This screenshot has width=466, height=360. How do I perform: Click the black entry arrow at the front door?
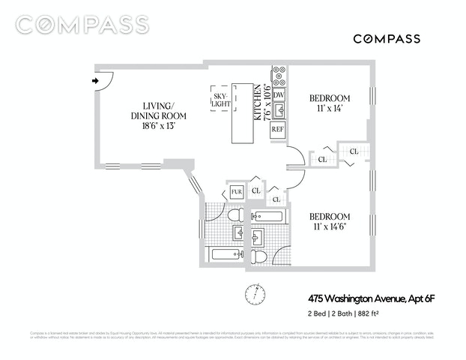(x=95, y=79)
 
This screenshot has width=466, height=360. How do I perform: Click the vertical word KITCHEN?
(x=257, y=102)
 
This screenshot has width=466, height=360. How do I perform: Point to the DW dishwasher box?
(x=279, y=95)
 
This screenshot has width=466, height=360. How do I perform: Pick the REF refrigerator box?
(x=278, y=128)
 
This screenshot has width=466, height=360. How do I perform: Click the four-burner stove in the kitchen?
(x=279, y=76)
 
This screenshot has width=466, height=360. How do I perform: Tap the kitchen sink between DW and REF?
(x=279, y=111)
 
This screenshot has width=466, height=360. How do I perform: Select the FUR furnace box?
(x=237, y=193)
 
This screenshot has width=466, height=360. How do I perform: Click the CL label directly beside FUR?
(x=256, y=191)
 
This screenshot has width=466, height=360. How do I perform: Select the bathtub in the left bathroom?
(x=226, y=254)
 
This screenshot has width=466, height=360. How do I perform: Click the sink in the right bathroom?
(x=258, y=238)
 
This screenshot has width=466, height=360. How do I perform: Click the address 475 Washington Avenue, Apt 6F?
(x=371, y=298)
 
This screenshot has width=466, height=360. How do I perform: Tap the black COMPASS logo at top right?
(x=386, y=38)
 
